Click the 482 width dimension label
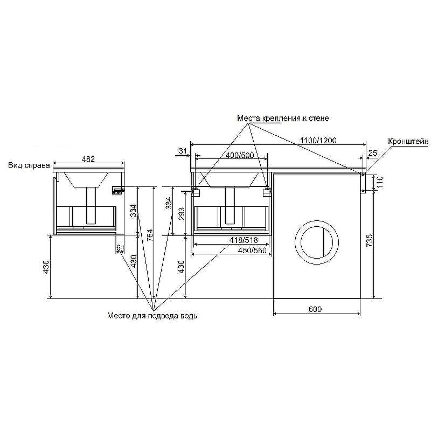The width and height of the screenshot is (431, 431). [88, 159]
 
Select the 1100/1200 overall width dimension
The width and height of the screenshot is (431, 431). [318, 141]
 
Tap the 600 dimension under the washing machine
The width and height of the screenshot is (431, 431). [315, 309]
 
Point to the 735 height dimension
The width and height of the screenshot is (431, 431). [370, 240]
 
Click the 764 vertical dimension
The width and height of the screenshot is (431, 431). [150, 235]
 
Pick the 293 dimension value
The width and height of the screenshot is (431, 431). [182, 214]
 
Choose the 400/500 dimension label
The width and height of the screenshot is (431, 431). [240, 155]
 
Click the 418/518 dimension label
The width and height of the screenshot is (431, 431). [244, 240]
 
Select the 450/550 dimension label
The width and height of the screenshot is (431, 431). [252, 251]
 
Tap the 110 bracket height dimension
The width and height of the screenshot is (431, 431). [380, 182]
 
